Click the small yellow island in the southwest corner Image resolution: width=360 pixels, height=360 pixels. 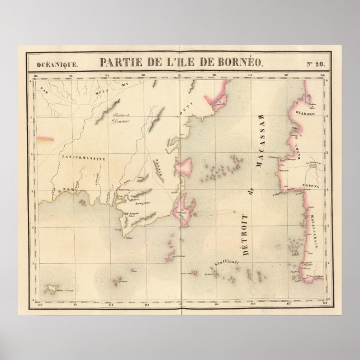tap(53, 288)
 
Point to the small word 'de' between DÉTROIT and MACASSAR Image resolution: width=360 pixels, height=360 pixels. tap(252, 191)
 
